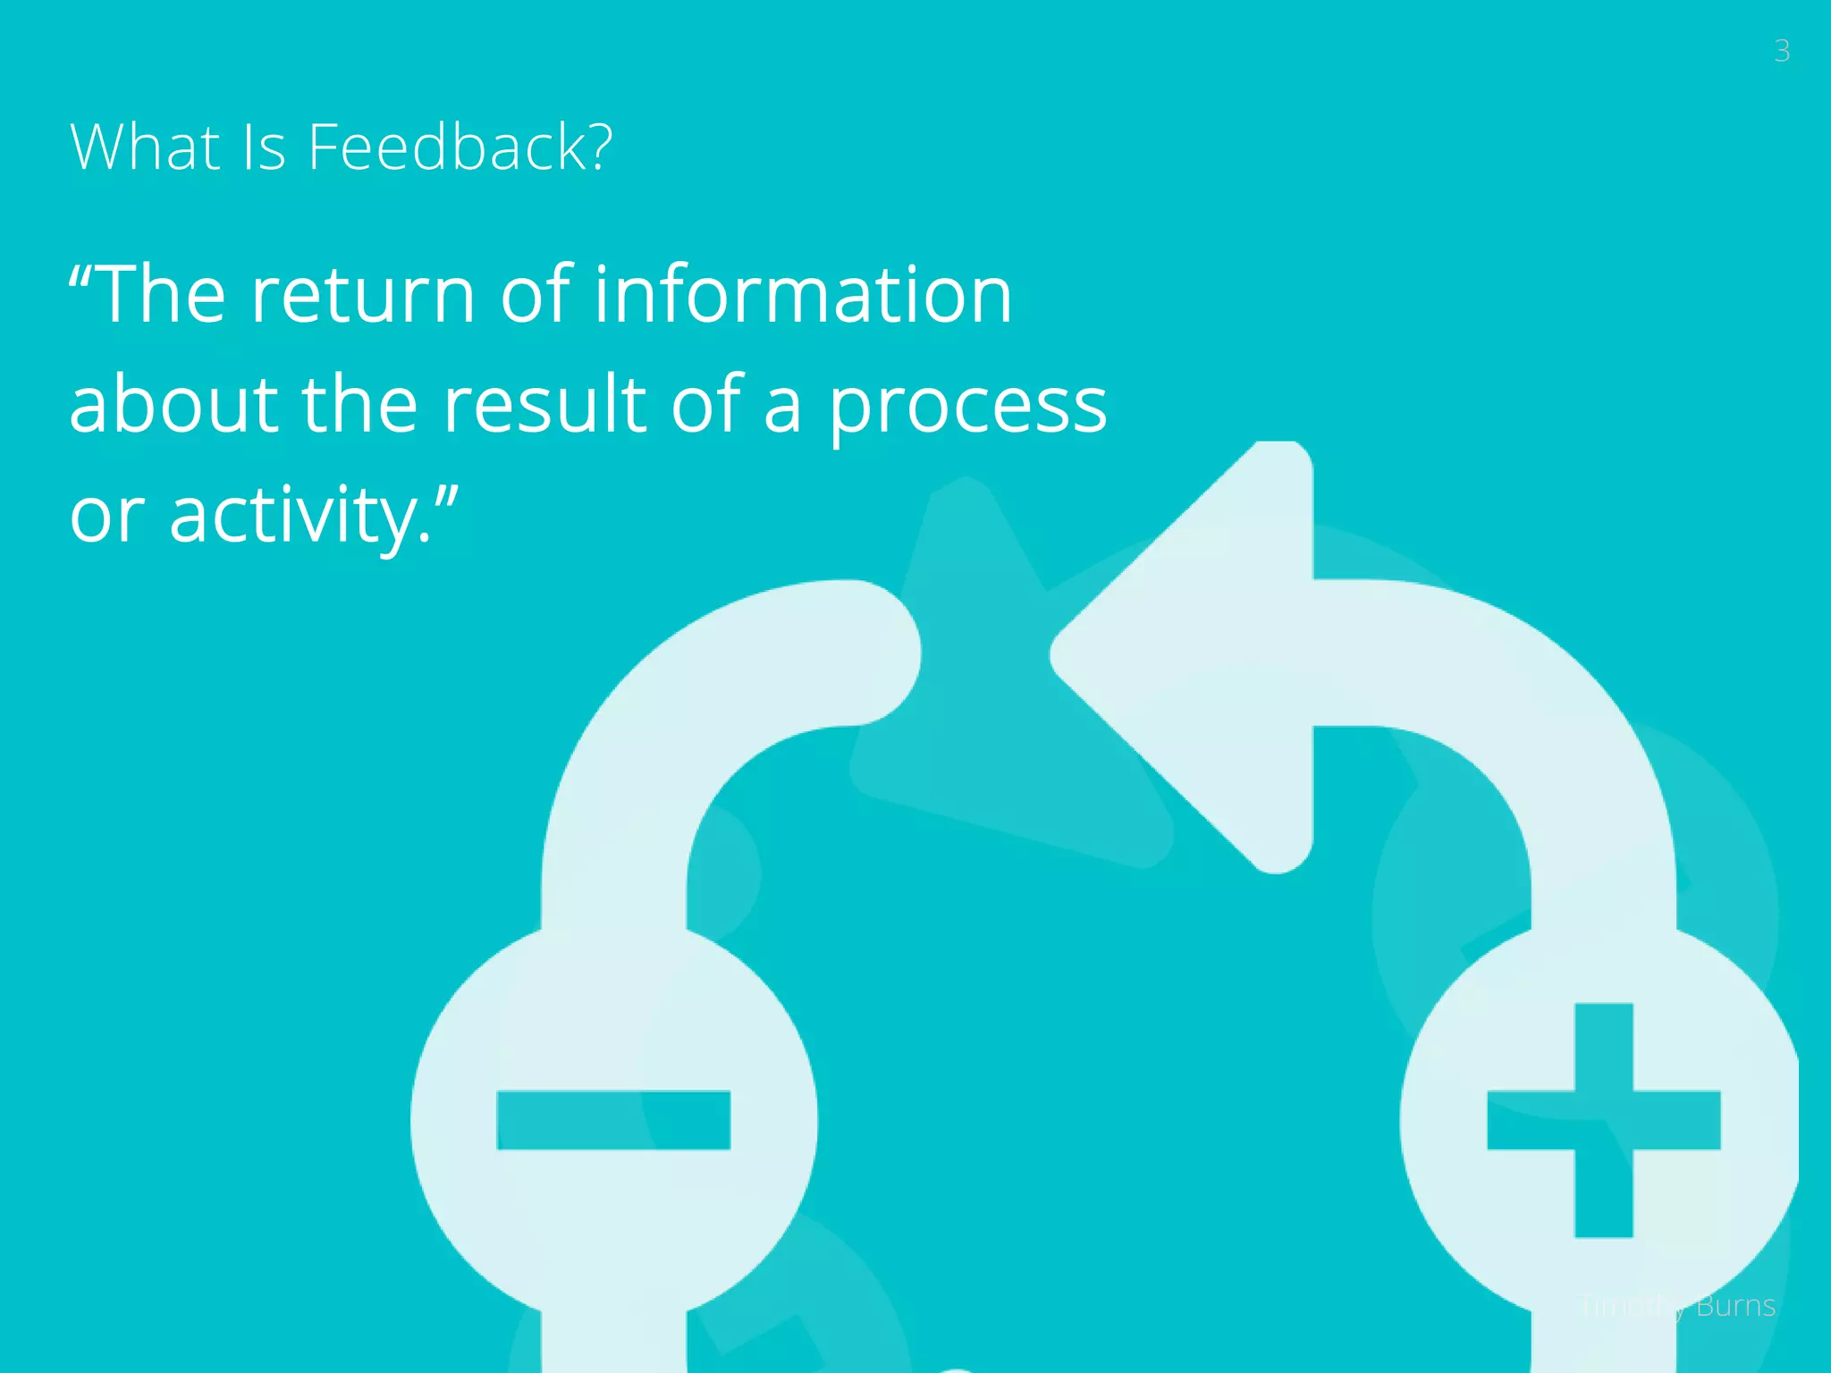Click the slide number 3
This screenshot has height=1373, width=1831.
(1781, 51)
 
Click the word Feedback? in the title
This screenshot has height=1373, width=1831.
(460, 147)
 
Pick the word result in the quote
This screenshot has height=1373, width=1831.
(544, 404)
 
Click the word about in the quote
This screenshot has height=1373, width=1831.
(173, 404)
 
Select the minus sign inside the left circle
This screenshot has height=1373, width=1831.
(613, 1120)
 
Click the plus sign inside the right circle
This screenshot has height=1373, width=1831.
(1603, 1120)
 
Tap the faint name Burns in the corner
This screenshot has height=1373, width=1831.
(1735, 1306)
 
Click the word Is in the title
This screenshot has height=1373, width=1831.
(264, 147)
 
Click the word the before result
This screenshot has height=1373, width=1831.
(359, 404)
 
